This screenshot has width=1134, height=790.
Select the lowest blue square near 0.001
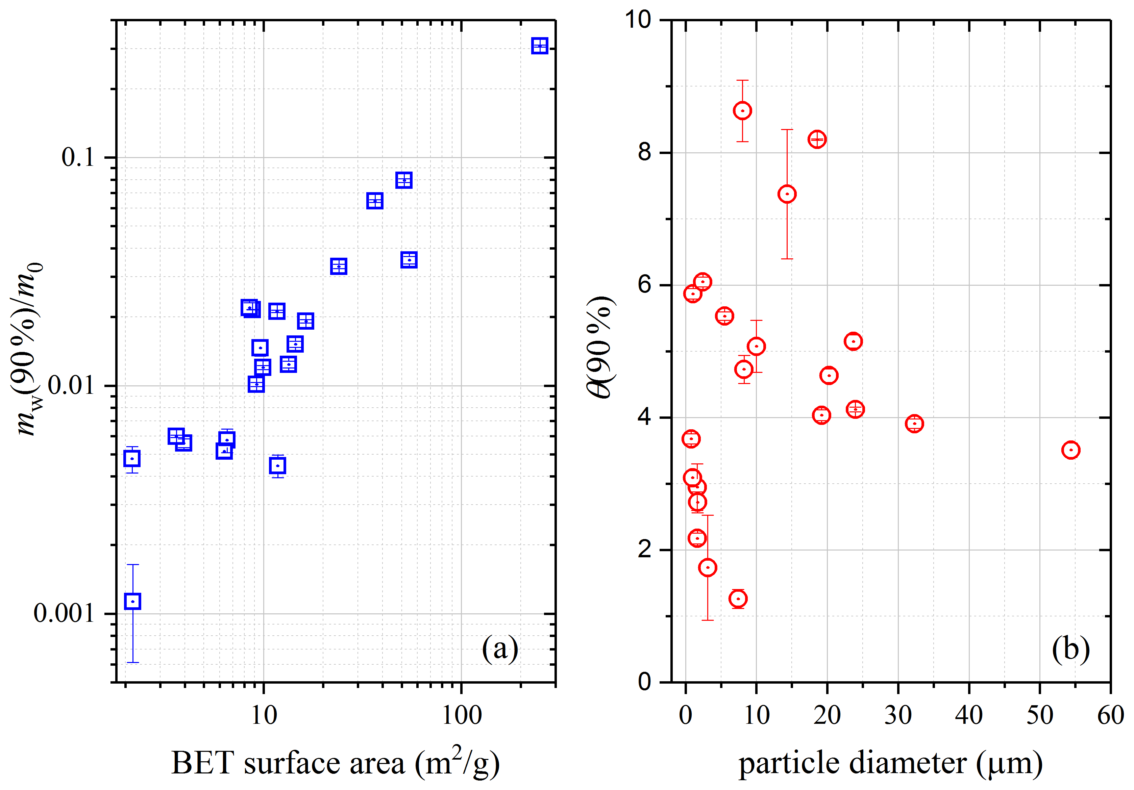[132, 601]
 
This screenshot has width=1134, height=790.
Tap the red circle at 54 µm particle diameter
[1070, 450]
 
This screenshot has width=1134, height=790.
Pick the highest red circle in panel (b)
[742, 110]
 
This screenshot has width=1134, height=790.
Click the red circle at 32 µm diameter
[914, 424]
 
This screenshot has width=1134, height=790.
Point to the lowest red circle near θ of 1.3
[738, 599]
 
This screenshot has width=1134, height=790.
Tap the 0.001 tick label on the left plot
[64, 614]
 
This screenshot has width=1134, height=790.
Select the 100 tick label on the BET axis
[461, 715]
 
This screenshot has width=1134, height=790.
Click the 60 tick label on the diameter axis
[1111, 715]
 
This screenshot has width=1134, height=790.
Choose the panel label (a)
[500, 648]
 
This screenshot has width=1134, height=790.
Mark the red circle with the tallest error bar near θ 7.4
[787, 194]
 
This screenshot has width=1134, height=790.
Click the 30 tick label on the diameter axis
[898, 715]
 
